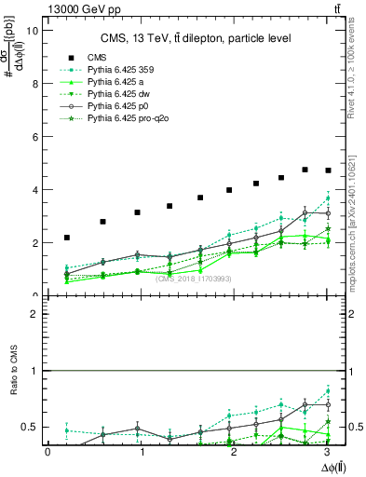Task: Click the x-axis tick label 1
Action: (142, 452)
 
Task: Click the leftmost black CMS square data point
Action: (67, 238)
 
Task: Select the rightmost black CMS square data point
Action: (327, 170)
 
